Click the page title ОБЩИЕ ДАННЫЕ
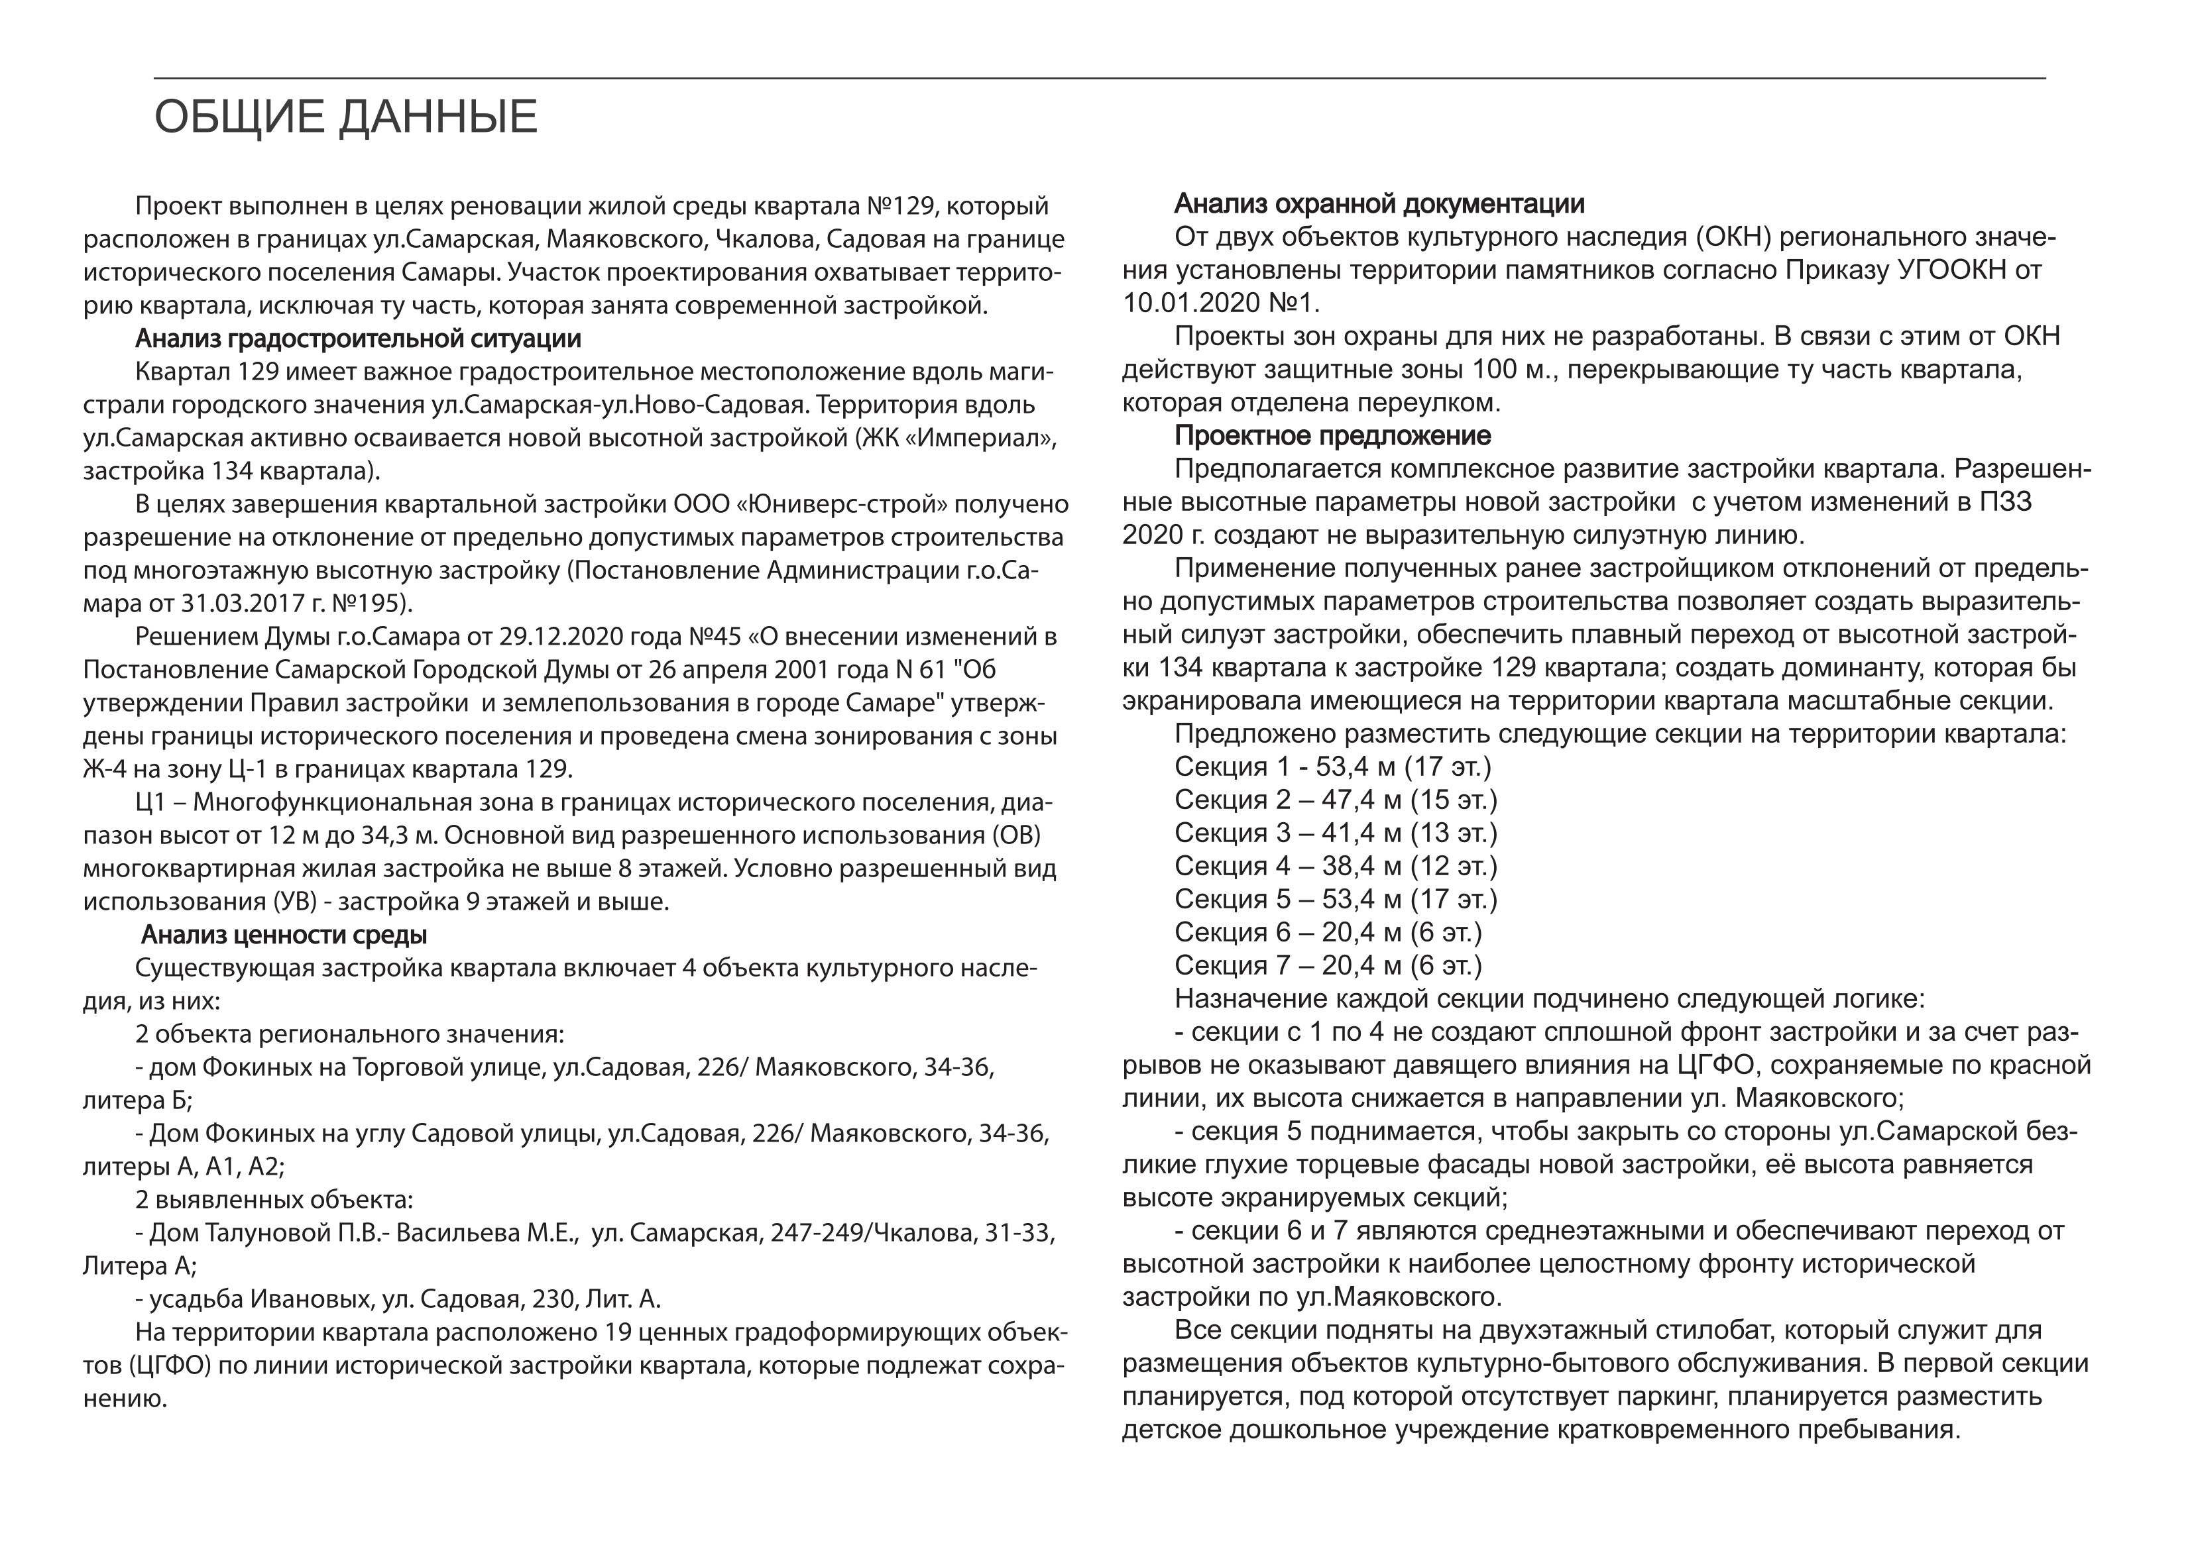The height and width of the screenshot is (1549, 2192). pyautogui.click(x=345, y=117)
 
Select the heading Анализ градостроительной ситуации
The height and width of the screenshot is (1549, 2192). pyautogui.click(x=358, y=339)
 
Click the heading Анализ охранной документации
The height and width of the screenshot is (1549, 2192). pyautogui.click(x=1379, y=204)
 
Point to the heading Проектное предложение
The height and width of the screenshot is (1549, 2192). pyautogui.click(x=1332, y=436)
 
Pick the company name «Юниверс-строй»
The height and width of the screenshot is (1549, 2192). pyautogui.click(x=843, y=504)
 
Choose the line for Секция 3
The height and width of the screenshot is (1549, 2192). pyautogui.click(x=1336, y=833)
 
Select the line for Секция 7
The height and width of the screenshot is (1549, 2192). pyautogui.click(x=1327, y=966)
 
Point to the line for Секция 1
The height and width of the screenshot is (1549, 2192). pyautogui.click(x=1332, y=767)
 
